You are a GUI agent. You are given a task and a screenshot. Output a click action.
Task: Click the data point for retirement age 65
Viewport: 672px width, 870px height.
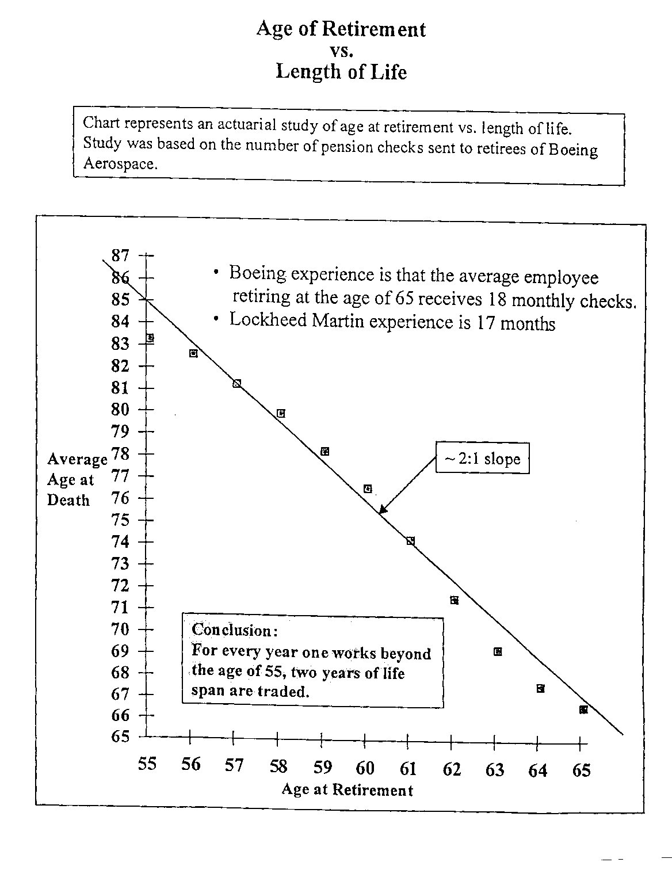(583, 709)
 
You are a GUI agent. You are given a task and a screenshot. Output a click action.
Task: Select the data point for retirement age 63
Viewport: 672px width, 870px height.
(498, 651)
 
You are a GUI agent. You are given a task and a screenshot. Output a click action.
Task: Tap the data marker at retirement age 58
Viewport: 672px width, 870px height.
(281, 413)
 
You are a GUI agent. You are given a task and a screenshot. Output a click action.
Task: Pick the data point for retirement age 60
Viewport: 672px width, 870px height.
(368, 489)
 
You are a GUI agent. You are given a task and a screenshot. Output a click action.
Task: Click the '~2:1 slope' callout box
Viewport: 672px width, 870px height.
(482, 458)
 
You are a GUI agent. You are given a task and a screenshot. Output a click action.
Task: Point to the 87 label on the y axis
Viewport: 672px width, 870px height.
(121, 255)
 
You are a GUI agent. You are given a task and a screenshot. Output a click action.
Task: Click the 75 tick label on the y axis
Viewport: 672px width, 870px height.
(121, 520)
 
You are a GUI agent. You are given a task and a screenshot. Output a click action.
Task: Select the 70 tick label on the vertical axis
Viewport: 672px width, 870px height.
(121, 629)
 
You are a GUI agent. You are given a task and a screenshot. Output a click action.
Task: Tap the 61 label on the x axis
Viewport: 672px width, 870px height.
(408, 768)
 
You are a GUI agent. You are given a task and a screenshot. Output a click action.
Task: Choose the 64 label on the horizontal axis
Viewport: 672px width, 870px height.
(538, 770)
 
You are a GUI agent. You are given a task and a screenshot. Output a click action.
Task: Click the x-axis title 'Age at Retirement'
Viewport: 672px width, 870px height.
(347, 789)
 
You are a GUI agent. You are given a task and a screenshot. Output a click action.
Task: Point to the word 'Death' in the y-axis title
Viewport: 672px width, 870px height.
(68, 500)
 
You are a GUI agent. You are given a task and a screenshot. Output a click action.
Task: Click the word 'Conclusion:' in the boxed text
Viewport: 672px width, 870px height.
(235, 630)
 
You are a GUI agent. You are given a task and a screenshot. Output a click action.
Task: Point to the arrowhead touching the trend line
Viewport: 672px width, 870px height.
(383, 509)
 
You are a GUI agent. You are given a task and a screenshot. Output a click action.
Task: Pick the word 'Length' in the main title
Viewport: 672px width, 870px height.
(305, 72)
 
